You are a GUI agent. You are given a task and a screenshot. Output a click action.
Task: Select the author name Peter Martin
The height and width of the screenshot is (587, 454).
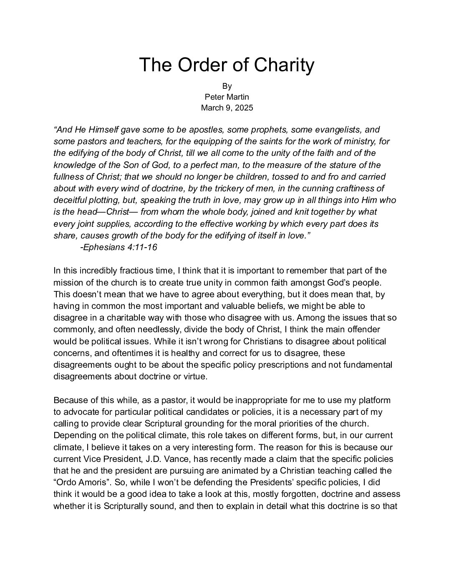[x=227, y=97]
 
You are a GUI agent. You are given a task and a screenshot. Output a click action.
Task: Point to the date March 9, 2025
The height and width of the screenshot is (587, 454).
[x=227, y=108]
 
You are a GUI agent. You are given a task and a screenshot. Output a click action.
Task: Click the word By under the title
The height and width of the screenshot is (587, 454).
[x=227, y=86]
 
